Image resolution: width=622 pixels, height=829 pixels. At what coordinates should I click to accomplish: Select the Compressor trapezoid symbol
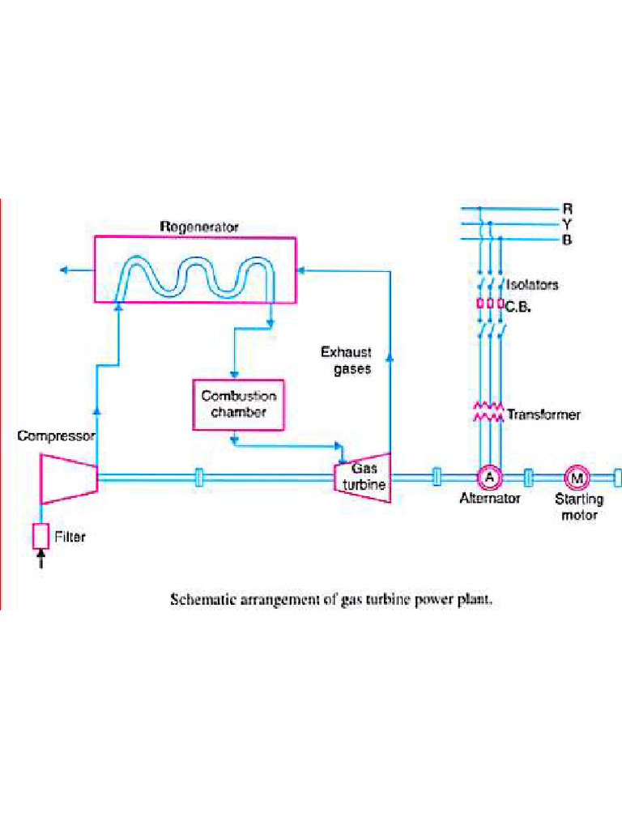69,478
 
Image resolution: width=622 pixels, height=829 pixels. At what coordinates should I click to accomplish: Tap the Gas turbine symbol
363,478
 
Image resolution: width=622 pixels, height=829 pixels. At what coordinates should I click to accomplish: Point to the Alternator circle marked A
488,478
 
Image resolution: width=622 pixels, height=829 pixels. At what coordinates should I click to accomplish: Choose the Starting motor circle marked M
577,478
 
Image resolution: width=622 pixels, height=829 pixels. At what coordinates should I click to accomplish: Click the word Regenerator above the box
198,227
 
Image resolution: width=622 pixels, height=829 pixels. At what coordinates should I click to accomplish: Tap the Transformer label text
543,414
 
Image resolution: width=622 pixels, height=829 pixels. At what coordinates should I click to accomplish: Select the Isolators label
532,285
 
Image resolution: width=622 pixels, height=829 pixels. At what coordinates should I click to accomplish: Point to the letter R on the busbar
567,209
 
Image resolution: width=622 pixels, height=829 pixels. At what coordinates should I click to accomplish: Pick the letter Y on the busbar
567,224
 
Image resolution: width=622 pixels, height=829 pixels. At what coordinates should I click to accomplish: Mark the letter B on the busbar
567,240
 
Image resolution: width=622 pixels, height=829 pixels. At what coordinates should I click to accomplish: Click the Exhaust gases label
346,360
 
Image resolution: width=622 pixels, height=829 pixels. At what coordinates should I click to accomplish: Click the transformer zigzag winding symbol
488,412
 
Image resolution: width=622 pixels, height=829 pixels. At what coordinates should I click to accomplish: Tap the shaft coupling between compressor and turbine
199,478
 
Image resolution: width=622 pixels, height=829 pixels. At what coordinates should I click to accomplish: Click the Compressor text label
56,436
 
